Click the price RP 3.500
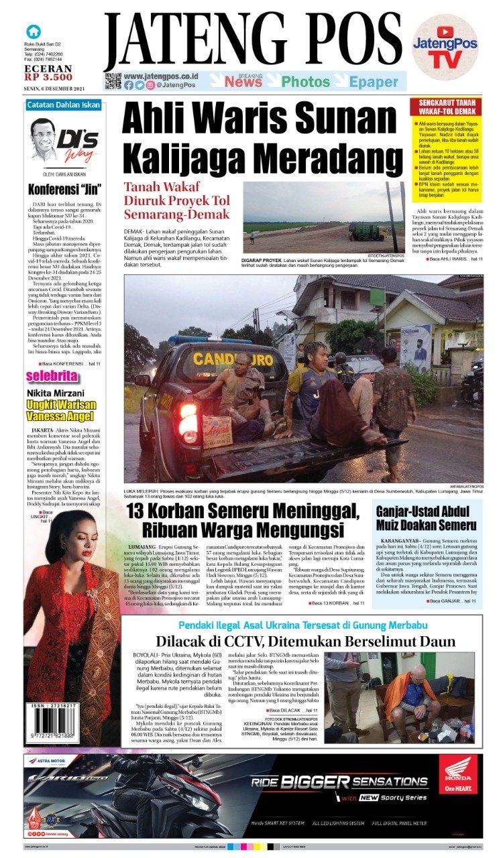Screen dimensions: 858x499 [x=48, y=77]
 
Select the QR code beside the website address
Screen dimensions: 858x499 [x=113, y=81]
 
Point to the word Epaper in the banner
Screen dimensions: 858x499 [x=374, y=82]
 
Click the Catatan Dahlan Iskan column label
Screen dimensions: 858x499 [x=64, y=105]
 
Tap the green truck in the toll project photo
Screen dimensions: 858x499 [x=366, y=232]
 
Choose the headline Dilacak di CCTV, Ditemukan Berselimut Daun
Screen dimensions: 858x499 [x=305, y=641]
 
